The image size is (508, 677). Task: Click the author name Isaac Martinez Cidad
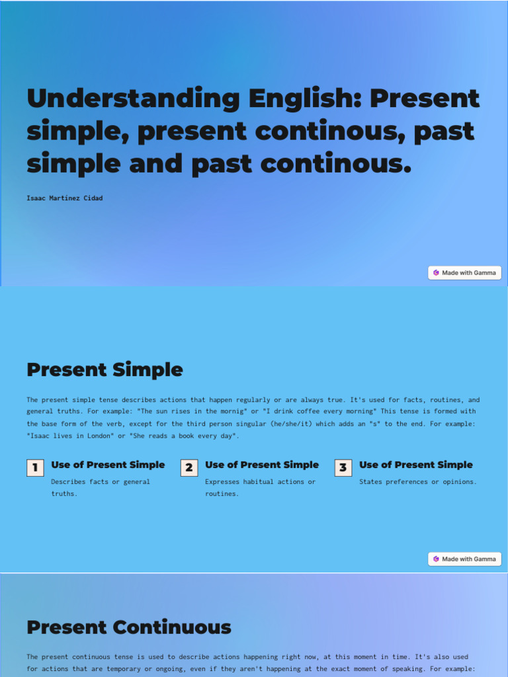click(65, 198)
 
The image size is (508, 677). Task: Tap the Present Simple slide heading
click(105, 370)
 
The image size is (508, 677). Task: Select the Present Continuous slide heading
click(129, 627)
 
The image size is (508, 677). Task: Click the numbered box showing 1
click(35, 468)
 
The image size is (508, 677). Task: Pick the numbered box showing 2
click(189, 468)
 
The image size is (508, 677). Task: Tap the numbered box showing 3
click(343, 468)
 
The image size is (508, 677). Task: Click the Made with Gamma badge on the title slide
click(464, 272)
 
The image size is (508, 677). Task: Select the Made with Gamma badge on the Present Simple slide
click(464, 559)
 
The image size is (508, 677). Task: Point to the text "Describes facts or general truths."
click(101, 487)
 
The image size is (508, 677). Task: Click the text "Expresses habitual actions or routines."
click(260, 487)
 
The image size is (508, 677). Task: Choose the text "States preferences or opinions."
click(417, 481)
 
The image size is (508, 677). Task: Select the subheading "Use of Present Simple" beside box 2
click(262, 465)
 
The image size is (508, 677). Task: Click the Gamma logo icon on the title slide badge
click(436, 272)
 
